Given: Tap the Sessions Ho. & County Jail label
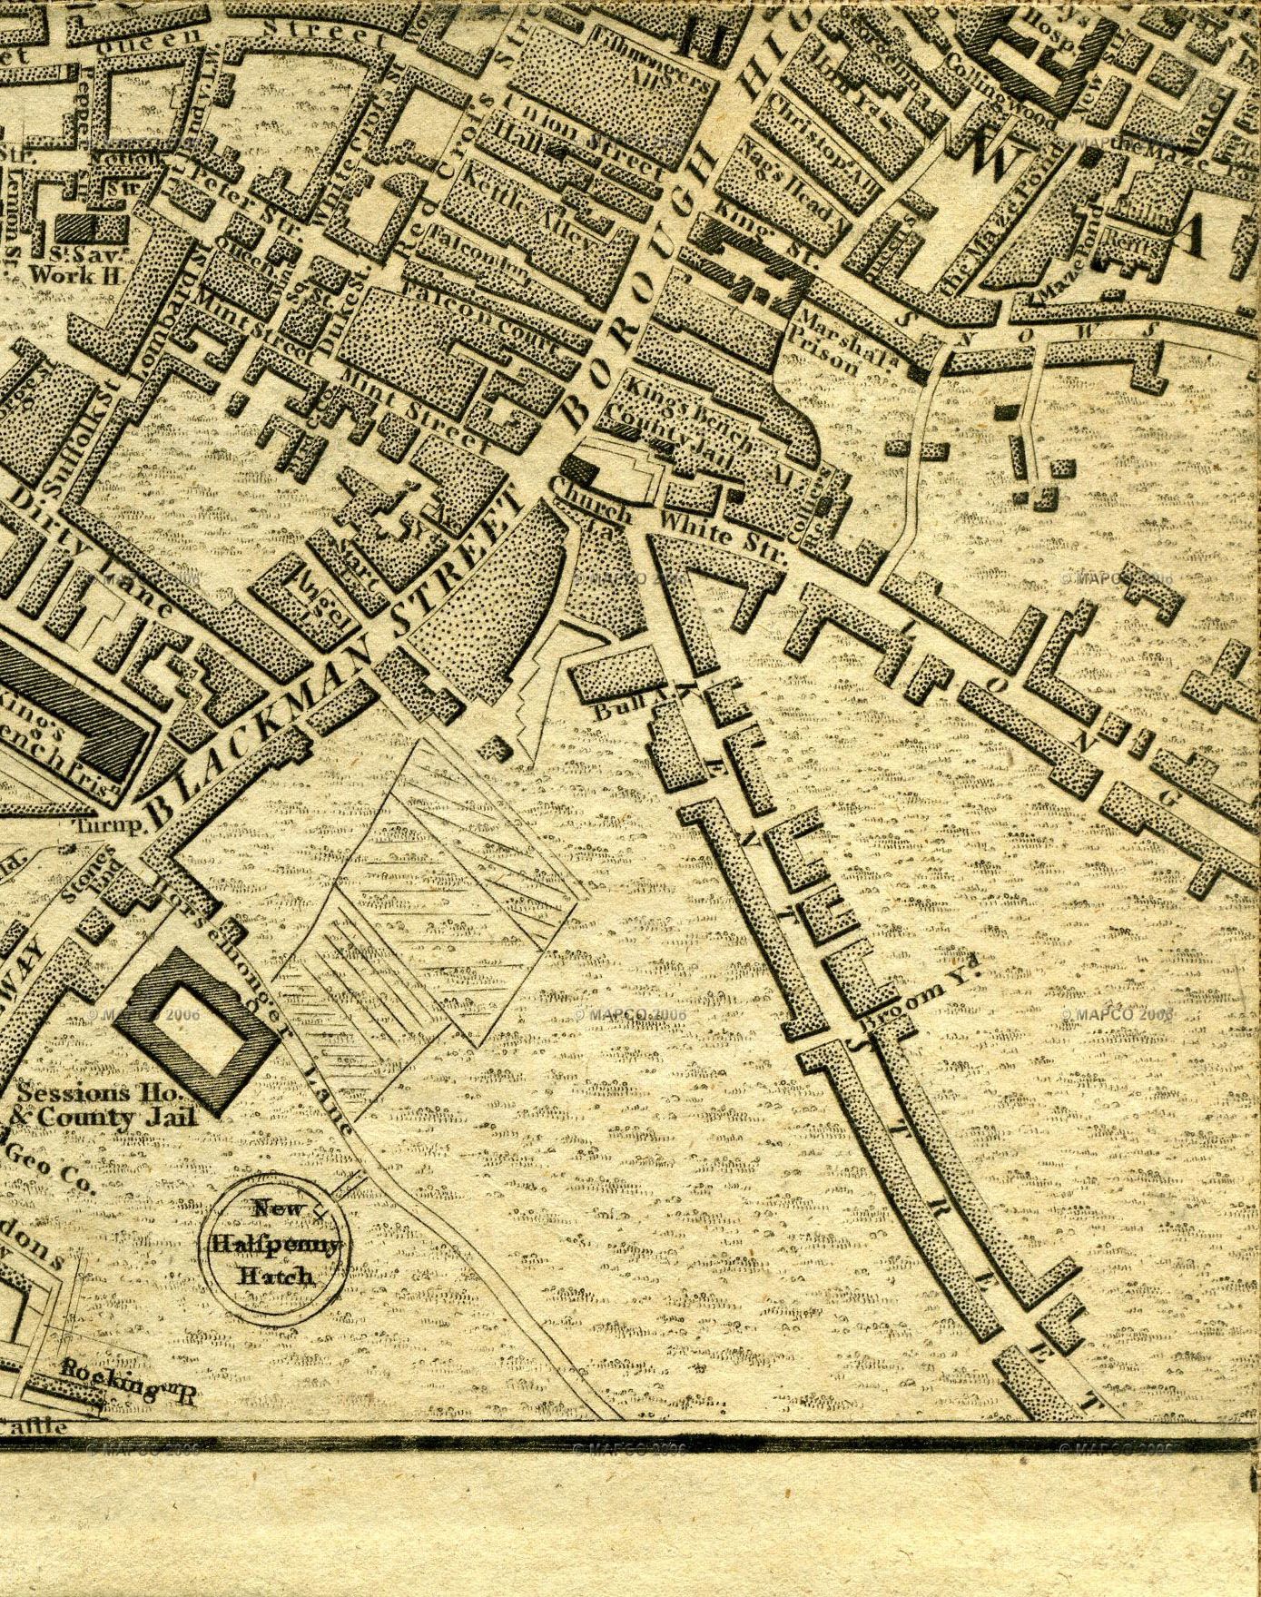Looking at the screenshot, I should (x=105, y=1106).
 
